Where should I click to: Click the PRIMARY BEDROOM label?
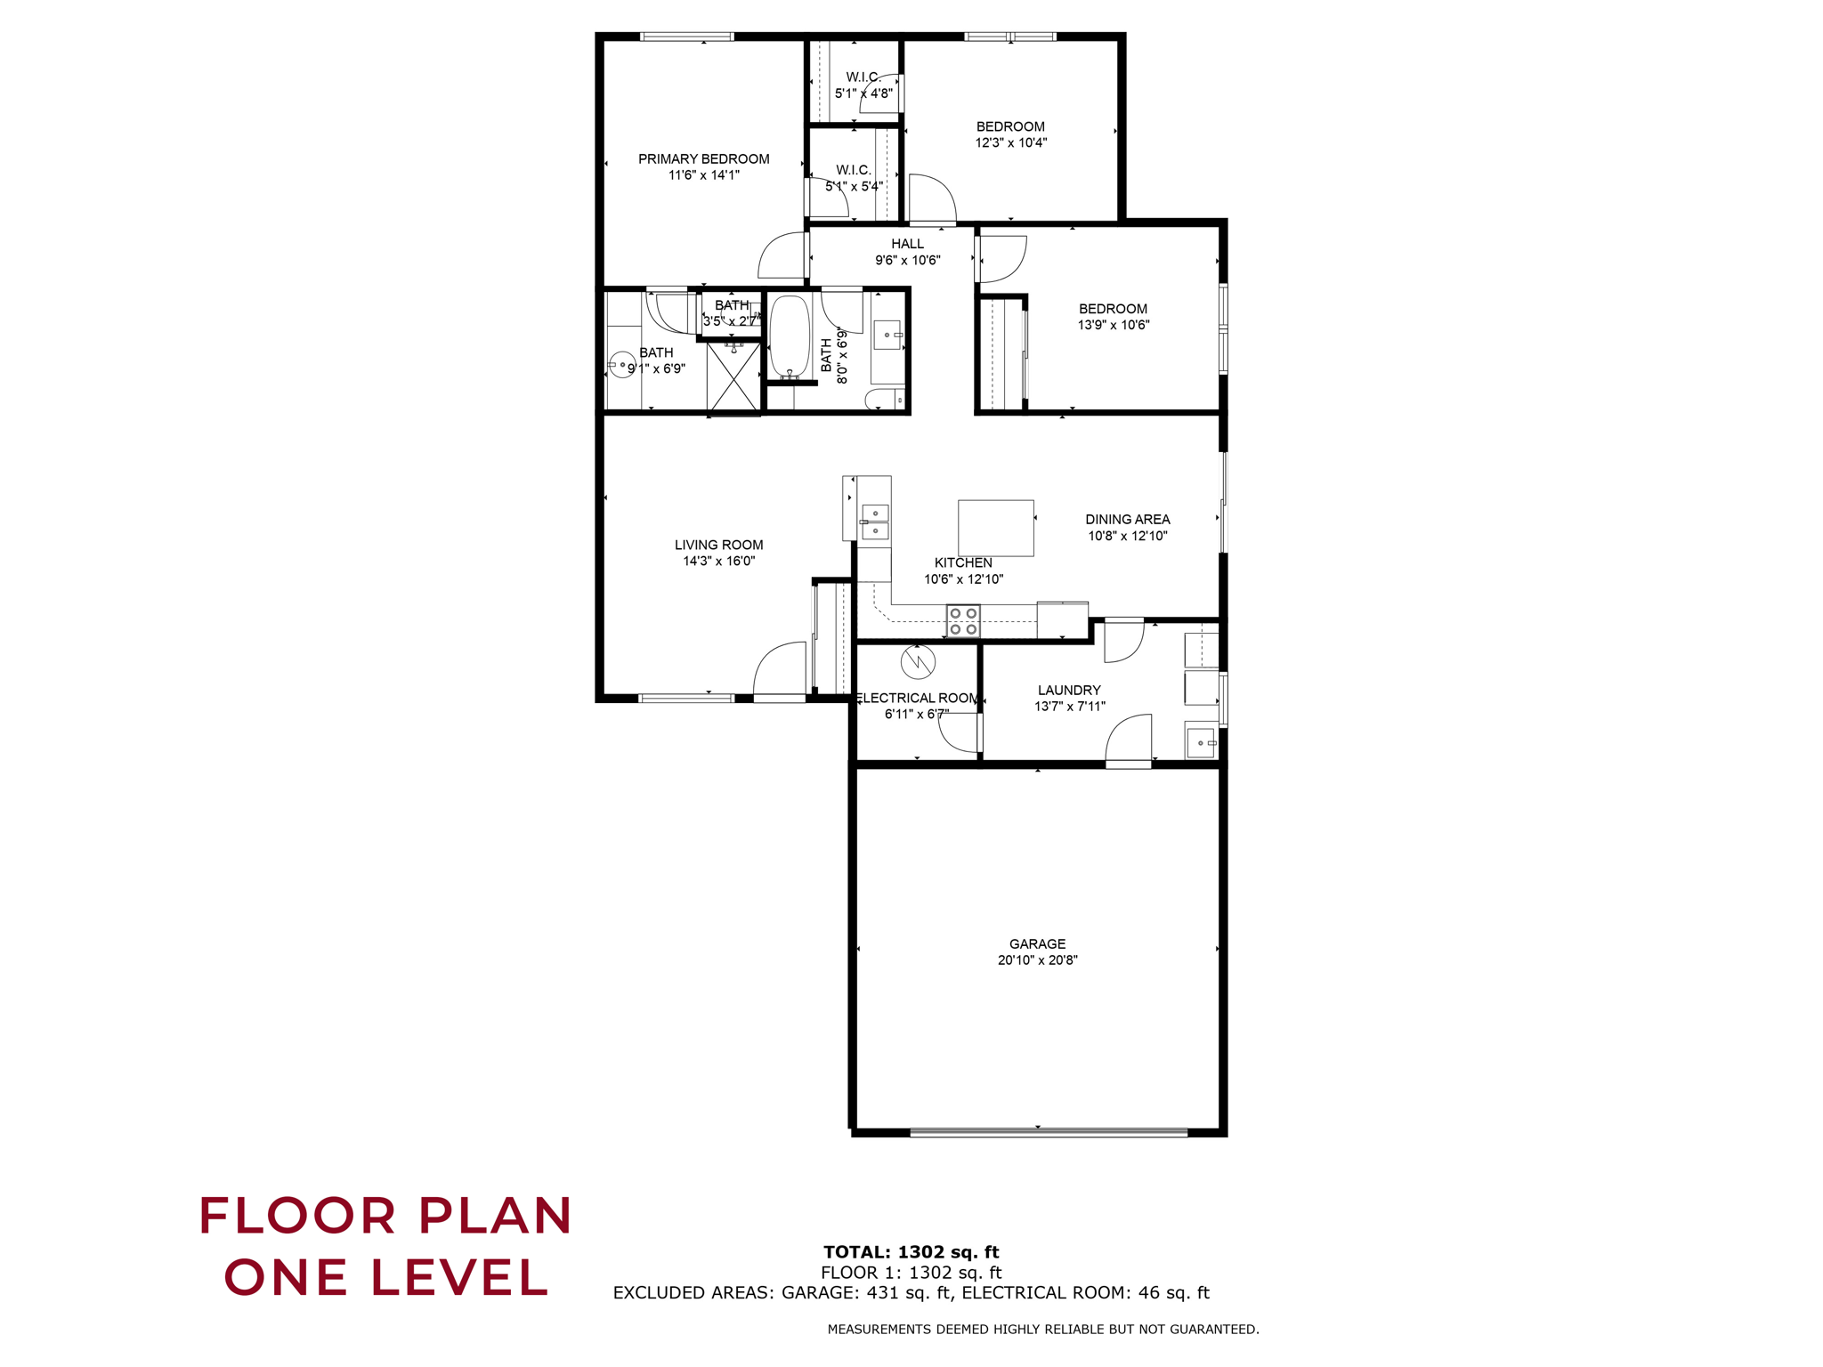pos(703,159)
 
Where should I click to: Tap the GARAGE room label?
pos(1037,943)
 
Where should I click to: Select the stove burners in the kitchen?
pos(963,621)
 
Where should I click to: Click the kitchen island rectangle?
pos(995,528)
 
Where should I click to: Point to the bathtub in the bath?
pos(790,336)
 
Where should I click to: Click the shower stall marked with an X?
pos(733,377)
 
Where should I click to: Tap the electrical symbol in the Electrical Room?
pos(918,661)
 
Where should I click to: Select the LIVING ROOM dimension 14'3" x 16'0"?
pos(718,562)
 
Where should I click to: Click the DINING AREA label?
pos(1127,519)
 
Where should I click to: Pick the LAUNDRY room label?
pos(1069,690)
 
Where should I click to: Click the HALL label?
pos(907,244)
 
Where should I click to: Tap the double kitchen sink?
pos(875,522)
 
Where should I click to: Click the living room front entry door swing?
pos(781,669)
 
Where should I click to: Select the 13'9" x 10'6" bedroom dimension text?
pos(1113,326)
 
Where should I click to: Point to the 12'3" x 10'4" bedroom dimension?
pos(1010,142)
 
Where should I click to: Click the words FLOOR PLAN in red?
pos(385,1216)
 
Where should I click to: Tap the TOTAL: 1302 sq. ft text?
pos(911,1252)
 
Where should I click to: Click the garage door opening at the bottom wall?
pos(1048,1132)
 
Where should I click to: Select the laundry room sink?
pos(1201,742)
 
